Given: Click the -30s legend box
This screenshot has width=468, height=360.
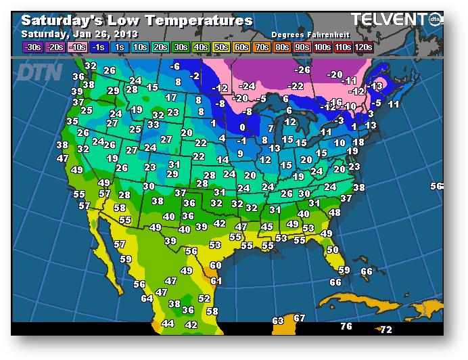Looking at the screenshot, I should [32, 47].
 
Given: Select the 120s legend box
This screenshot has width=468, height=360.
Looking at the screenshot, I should [363, 47].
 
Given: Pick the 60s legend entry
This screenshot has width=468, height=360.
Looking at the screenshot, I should [241, 47].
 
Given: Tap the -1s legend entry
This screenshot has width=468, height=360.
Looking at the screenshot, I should [99, 47].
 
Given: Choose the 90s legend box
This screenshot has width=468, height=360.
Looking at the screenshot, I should [302, 47].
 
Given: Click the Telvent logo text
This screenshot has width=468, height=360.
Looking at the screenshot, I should [390, 20].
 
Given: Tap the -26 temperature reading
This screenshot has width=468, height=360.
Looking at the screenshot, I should [302, 70].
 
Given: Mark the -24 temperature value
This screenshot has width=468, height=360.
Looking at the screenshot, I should [248, 86].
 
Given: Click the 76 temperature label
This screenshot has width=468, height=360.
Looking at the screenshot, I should [346, 327].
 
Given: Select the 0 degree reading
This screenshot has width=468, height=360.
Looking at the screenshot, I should [242, 127].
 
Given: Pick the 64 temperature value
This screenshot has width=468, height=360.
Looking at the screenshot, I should [147, 298].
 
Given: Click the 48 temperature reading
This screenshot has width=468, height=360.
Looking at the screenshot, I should [334, 212].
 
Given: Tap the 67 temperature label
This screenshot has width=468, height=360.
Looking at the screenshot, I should [300, 317].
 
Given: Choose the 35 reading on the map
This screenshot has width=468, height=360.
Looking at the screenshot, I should [72, 121].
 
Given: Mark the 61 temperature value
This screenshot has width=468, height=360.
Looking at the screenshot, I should [216, 280].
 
